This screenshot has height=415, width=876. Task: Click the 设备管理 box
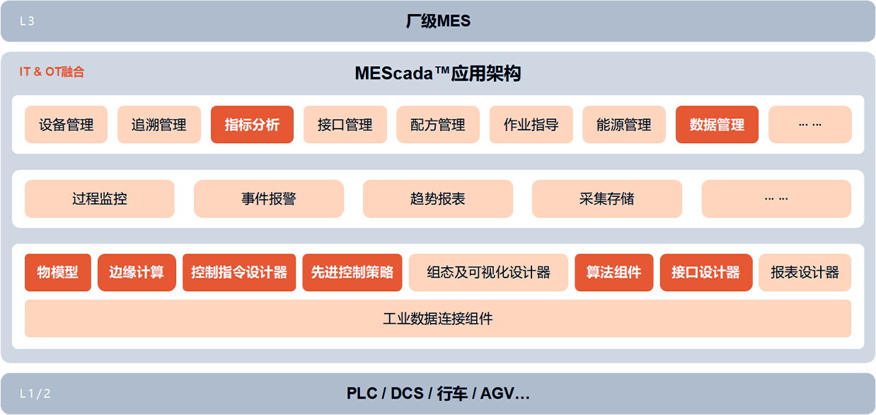click(66, 125)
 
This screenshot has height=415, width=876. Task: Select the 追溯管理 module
click(159, 125)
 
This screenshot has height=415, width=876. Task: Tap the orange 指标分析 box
click(252, 125)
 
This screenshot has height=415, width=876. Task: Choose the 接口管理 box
click(345, 125)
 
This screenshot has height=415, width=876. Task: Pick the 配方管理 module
click(438, 125)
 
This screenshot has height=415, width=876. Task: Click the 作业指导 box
click(531, 125)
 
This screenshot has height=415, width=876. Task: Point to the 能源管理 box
click(624, 125)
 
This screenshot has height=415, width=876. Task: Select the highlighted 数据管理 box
click(717, 125)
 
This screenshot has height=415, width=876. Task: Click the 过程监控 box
click(100, 199)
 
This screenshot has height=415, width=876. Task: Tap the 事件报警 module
click(269, 199)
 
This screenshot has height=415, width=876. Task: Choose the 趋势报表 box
click(438, 199)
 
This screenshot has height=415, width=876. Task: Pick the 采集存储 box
click(607, 199)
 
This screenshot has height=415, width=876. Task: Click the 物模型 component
click(58, 273)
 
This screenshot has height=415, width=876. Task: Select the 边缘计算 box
click(137, 273)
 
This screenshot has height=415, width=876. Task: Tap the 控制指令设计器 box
click(239, 273)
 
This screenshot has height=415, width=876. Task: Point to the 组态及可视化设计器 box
click(488, 273)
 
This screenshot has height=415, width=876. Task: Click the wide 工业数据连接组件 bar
click(438, 319)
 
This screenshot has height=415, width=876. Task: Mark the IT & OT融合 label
click(52, 72)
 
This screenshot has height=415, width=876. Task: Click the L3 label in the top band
click(27, 21)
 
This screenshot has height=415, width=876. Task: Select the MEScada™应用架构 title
click(438, 73)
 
